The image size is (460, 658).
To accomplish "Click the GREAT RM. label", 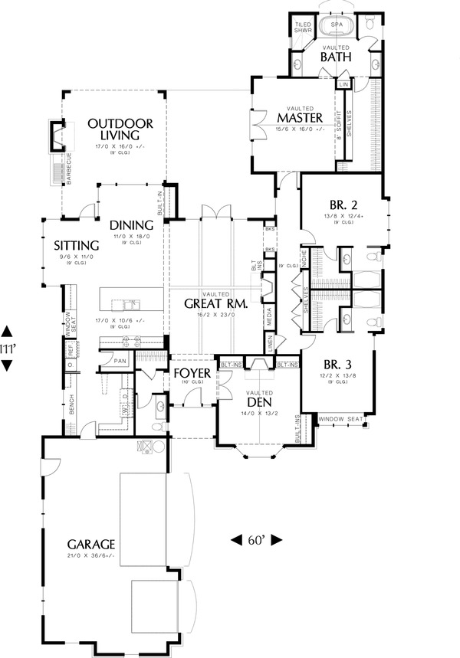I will [x=215, y=303].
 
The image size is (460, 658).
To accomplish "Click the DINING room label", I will [x=131, y=225].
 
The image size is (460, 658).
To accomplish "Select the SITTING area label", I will [x=74, y=246].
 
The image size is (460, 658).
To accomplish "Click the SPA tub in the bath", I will [x=336, y=25].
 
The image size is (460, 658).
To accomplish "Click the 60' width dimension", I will [x=256, y=540].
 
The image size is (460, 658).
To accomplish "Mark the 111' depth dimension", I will [x=8, y=348].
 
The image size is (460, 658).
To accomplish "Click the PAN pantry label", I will [x=120, y=359].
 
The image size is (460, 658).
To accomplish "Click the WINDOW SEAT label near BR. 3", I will [x=341, y=418].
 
